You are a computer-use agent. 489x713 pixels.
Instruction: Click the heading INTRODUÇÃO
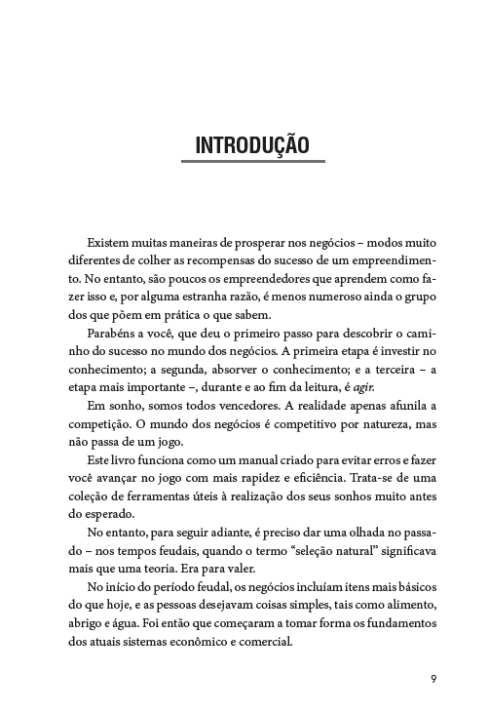coord(252,146)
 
